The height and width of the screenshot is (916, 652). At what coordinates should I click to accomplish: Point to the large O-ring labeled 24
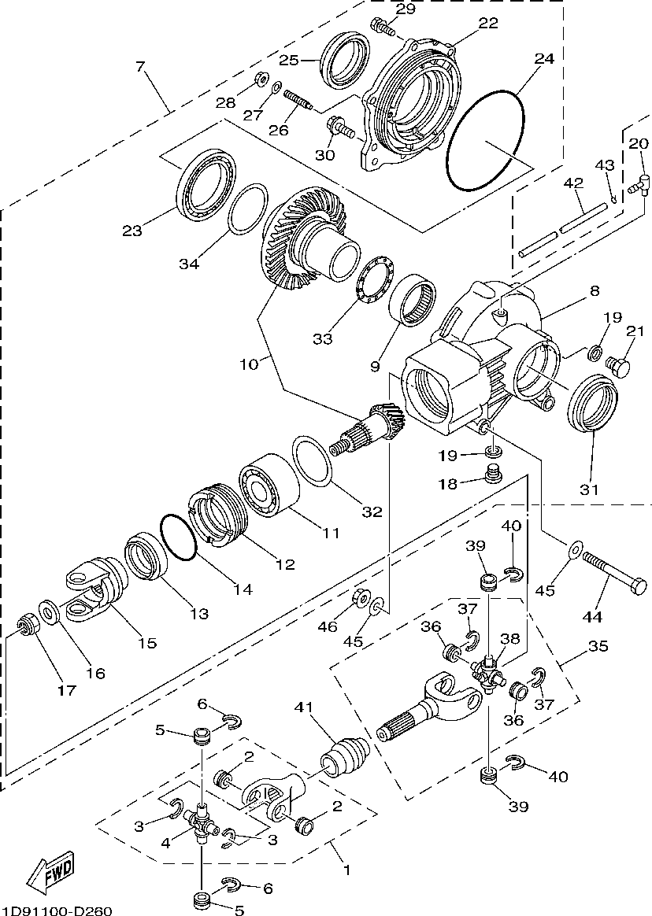pyautogui.click(x=485, y=142)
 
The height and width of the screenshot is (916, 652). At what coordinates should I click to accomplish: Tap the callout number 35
pyautogui.click(x=598, y=647)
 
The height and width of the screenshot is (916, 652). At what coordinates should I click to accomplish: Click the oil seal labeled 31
pyautogui.click(x=590, y=405)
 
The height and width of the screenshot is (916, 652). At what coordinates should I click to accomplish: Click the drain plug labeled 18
pyautogui.click(x=494, y=474)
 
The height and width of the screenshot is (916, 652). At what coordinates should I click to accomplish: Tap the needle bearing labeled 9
pyautogui.click(x=413, y=300)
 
